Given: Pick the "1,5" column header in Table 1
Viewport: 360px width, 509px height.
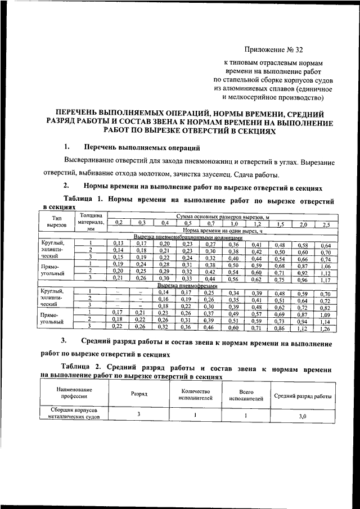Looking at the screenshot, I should coord(280,224).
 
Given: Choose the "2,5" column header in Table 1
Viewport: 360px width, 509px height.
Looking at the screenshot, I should coord(326,224).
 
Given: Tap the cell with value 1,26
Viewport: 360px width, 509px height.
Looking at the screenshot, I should coord(326,327).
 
